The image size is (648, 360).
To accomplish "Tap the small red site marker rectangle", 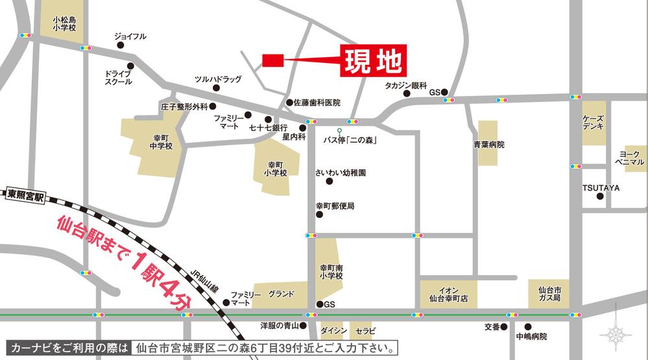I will pyautogui.click(x=273, y=60).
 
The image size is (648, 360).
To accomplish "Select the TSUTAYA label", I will pyautogui.click(x=601, y=187).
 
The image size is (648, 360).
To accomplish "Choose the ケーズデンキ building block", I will pyautogui.click(x=594, y=123).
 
